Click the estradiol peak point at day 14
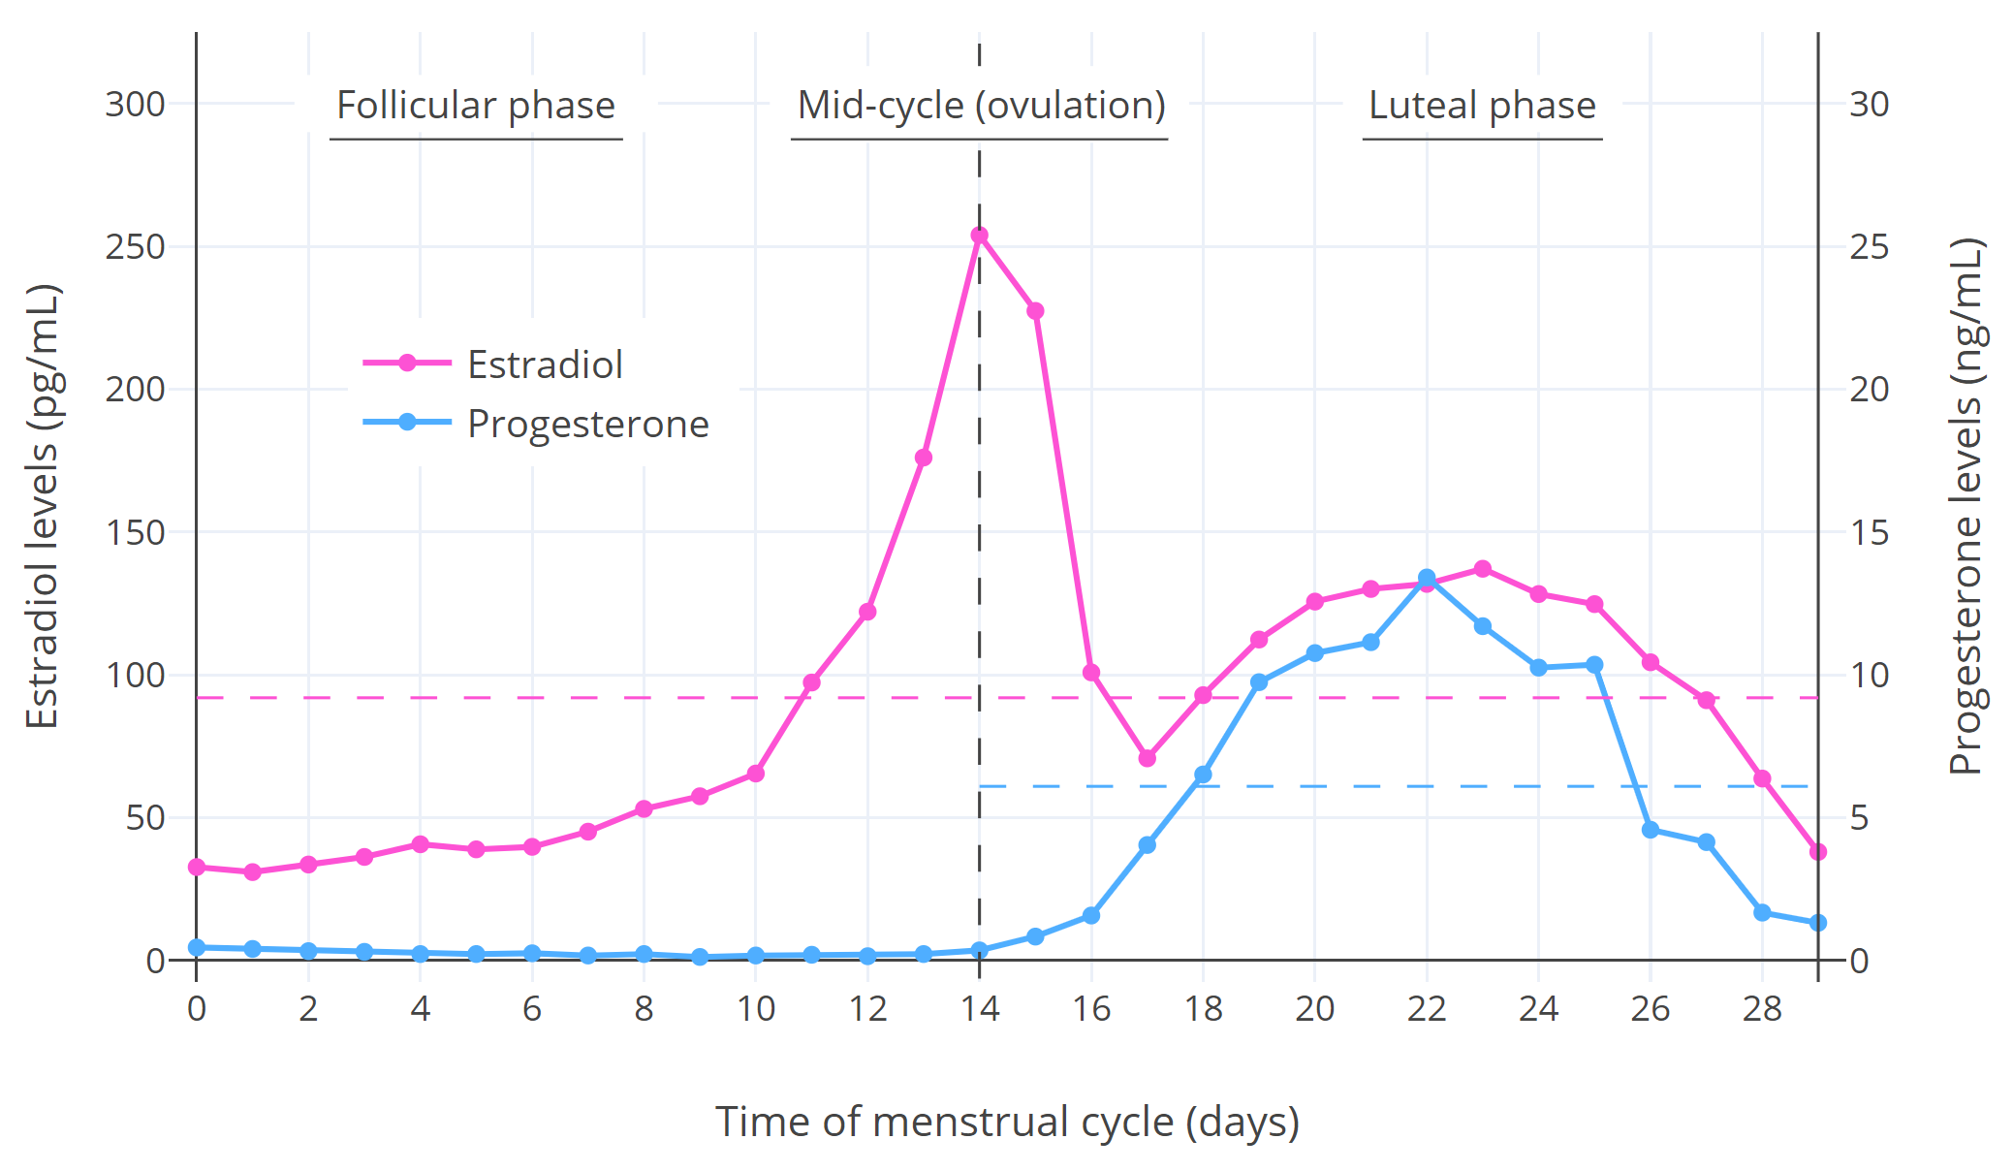[979, 236]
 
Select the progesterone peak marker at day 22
[1427, 578]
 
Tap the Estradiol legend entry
[544, 364]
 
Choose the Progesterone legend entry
[587, 424]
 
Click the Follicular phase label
[476, 106]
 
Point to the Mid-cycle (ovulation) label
[981, 106]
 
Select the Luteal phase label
[1482, 106]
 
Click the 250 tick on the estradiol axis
[136, 247]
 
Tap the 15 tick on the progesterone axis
[1869, 532]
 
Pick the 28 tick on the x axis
[1762, 1009]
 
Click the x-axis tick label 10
[756, 1009]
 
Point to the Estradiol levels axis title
[43, 506]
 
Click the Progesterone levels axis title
[1966, 506]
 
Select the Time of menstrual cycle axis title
[1007, 1122]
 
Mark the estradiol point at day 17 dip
[1148, 758]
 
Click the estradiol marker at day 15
[1035, 311]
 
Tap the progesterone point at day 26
[1651, 830]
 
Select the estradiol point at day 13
[924, 458]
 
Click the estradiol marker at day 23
[1483, 569]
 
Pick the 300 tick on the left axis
[136, 105]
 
